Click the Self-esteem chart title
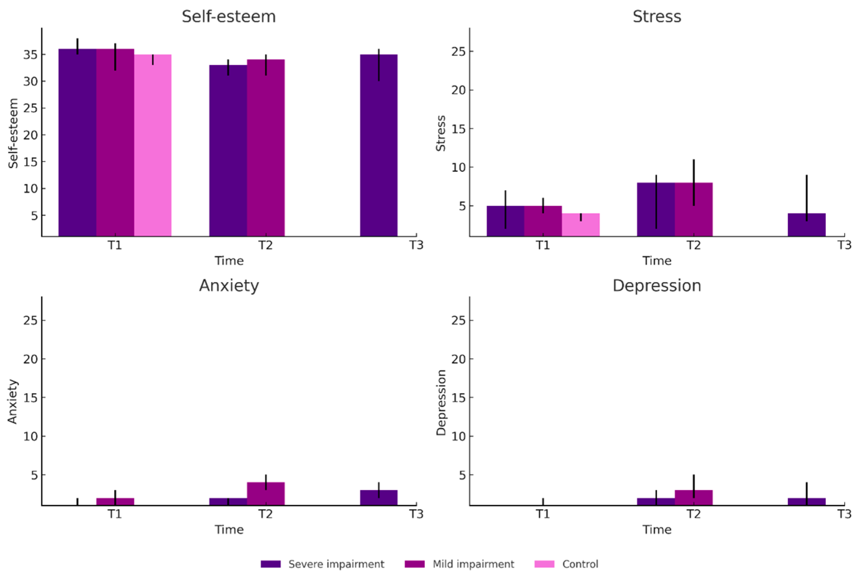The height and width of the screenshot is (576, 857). pyautogui.click(x=228, y=16)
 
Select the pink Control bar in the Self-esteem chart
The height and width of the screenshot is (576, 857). pyautogui.click(x=153, y=145)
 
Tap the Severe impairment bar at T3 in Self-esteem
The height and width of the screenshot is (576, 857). pyautogui.click(x=379, y=145)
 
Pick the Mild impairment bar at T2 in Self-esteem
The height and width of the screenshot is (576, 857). pyautogui.click(x=266, y=148)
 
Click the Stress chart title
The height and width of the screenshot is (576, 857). pyautogui.click(x=657, y=16)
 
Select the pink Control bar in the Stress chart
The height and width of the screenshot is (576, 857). pyautogui.click(x=580, y=225)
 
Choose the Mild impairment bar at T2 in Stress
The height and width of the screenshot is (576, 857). pyautogui.click(x=694, y=210)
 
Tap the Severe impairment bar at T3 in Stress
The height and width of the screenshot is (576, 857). pyautogui.click(x=807, y=225)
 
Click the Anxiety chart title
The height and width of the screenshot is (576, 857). pyautogui.click(x=229, y=285)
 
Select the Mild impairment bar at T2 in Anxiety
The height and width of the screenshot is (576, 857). pyautogui.click(x=266, y=494)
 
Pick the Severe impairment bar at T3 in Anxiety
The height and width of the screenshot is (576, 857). pyautogui.click(x=379, y=498)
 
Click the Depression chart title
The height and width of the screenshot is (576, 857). pyautogui.click(x=657, y=285)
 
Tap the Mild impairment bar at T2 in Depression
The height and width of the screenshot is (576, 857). pyautogui.click(x=694, y=498)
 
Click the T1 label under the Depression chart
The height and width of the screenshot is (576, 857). pyautogui.click(x=543, y=514)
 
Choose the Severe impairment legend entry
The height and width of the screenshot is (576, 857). pyautogui.click(x=322, y=564)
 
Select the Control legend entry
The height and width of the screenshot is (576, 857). pyautogui.click(x=566, y=564)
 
